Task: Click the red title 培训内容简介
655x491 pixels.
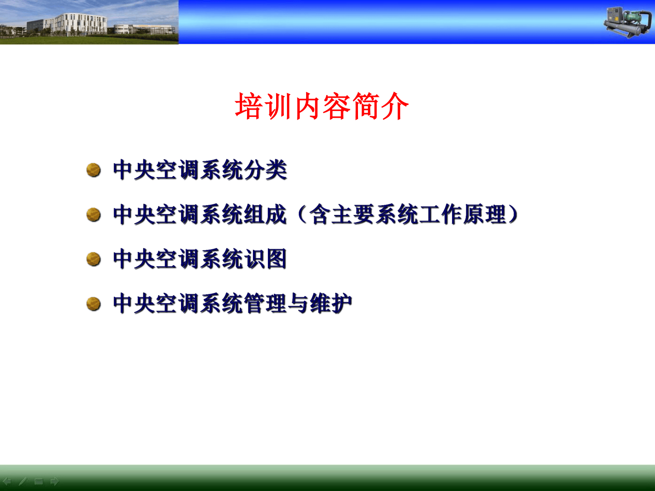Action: [322, 106]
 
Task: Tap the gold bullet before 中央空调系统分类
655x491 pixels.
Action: [93, 170]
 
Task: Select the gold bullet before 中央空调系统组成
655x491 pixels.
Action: [93, 215]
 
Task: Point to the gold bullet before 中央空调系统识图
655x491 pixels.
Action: [93, 259]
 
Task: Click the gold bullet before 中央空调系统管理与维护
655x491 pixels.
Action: [93, 304]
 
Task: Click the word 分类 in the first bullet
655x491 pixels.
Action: [266, 170]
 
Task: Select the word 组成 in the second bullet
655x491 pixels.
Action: [265, 215]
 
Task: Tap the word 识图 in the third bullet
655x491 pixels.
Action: [266, 259]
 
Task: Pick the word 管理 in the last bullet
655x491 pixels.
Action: [265, 304]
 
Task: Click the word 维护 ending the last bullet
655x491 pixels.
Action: [332, 304]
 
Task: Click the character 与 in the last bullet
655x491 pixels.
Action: [298, 304]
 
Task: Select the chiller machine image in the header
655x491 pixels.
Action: [628, 23]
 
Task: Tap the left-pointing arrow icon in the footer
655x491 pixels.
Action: [7, 481]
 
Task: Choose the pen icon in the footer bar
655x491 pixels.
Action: [23, 481]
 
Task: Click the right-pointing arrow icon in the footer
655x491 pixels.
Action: [55, 481]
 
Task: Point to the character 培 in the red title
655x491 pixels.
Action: [248, 106]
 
